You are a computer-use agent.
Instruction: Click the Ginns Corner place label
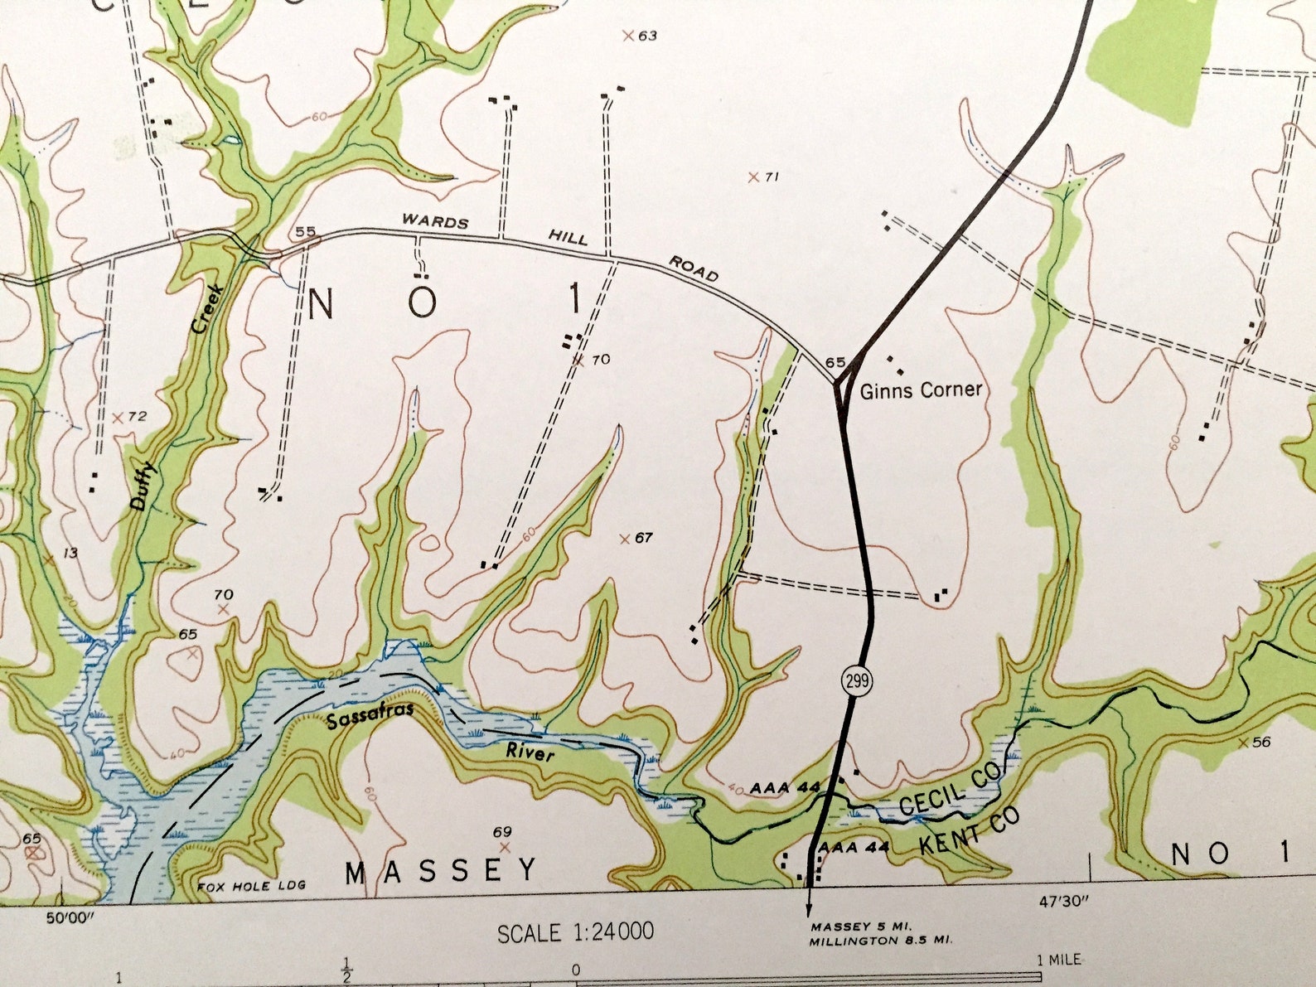coord(921,389)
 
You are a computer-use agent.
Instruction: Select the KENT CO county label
coord(970,831)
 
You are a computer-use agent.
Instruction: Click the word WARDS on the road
coord(435,221)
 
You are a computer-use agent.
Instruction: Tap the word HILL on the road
coord(568,238)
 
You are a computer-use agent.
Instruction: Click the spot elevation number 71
coord(772,177)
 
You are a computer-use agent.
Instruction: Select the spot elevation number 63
coord(647,36)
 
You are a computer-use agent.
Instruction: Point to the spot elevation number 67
coord(644,539)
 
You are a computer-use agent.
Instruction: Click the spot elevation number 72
coord(137,416)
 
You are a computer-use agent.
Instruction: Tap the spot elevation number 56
coord(1261,743)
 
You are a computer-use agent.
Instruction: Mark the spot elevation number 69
coord(502,832)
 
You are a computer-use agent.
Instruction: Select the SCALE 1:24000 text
coord(575,932)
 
